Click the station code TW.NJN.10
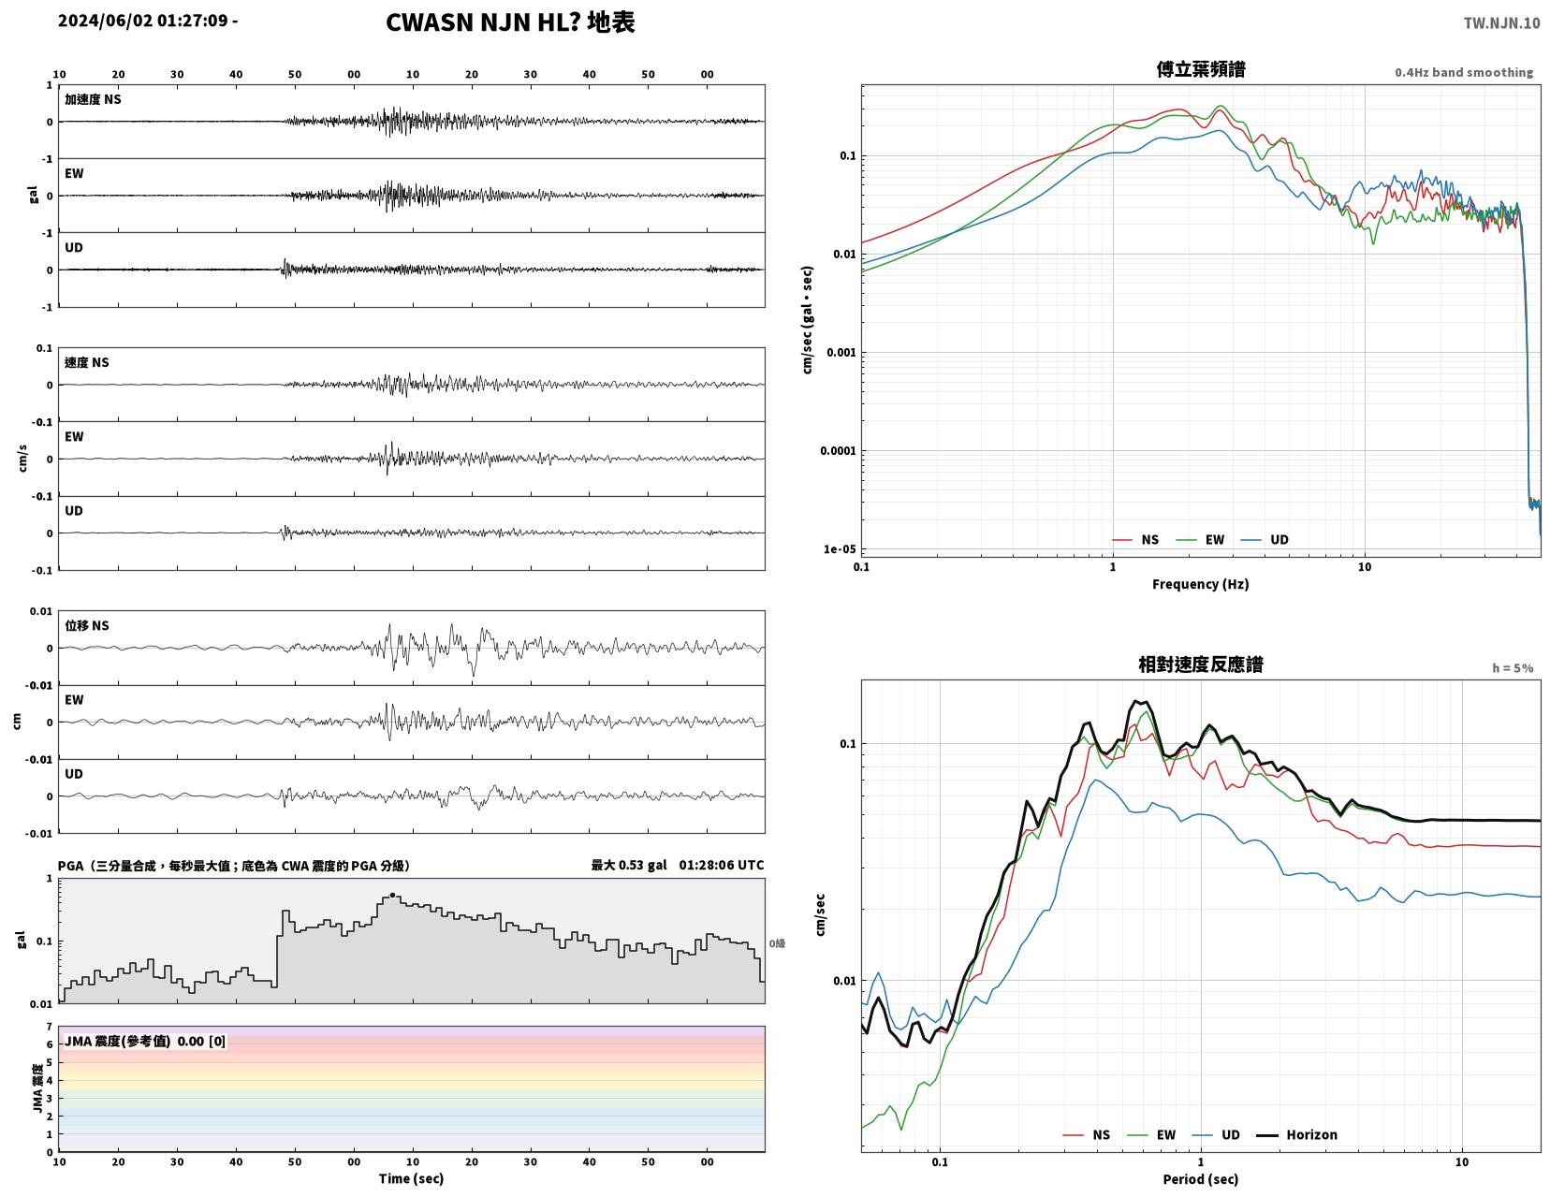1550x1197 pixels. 1501,22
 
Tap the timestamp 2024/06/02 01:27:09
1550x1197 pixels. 142,20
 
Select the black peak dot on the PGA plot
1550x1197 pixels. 392,896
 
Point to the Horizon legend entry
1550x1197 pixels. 1296,1135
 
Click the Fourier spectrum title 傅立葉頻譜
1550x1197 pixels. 1201,69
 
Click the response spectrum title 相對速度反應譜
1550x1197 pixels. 1201,664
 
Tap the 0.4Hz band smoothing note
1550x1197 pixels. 1464,72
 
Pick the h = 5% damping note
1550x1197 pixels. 1513,668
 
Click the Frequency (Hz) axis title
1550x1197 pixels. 1201,584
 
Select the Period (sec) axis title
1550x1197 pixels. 1201,1179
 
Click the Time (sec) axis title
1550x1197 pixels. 411,1178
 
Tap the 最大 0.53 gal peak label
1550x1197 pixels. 628,865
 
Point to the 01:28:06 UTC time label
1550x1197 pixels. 721,865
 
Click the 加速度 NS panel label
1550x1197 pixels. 93,99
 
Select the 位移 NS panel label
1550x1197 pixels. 87,625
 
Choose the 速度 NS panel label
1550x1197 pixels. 87,362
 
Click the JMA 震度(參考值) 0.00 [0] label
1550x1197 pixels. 145,1041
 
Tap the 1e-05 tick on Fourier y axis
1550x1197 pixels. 840,549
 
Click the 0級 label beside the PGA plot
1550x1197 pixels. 777,943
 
